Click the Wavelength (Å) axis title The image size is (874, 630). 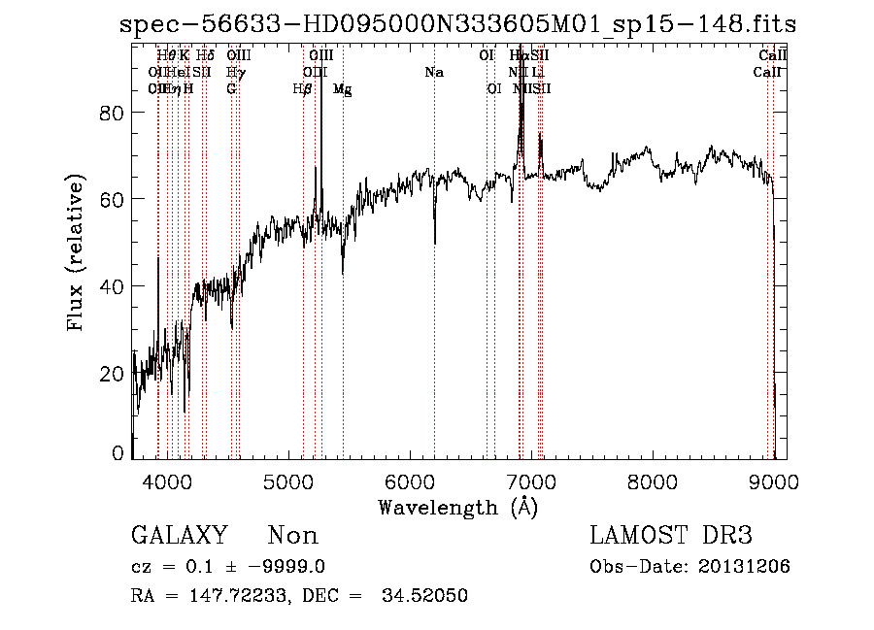457,507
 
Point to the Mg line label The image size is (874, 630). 342,89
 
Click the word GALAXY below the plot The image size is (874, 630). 179,536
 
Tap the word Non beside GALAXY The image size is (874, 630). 292,536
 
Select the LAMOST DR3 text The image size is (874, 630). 670,536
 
